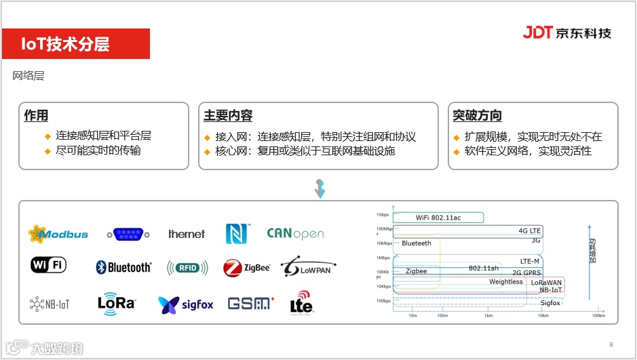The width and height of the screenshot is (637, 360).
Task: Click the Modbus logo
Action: tap(58, 234)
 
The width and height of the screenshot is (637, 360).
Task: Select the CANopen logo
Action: tap(295, 234)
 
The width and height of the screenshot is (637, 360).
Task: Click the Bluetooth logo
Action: tap(124, 267)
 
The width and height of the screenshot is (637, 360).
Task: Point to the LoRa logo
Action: tap(117, 303)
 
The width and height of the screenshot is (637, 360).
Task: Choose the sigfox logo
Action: tap(186, 304)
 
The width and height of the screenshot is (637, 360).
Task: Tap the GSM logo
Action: tap(250, 304)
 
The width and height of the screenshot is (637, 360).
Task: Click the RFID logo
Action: tap(187, 267)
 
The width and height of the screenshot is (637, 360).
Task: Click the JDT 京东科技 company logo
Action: tap(566, 33)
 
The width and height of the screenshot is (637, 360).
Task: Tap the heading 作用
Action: tap(36, 115)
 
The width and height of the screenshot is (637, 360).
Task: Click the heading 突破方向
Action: tap(477, 115)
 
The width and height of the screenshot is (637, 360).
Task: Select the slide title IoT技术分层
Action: tap(65, 44)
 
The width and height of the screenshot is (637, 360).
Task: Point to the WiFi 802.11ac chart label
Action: tap(438, 218)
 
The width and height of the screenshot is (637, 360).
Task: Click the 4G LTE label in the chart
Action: tap(529, 231)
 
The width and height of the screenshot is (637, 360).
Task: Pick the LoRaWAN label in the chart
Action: tap(545, 282)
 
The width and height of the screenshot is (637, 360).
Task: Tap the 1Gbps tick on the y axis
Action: tap(383, 215)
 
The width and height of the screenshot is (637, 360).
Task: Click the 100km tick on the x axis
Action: tap(598, 316)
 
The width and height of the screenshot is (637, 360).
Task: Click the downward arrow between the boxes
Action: tap(320, 188)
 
